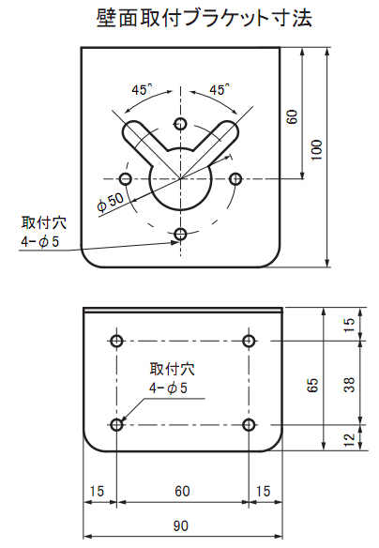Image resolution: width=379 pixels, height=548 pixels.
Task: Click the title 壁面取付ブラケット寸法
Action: (204, 18)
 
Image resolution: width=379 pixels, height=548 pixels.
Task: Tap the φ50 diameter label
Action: (111, 203)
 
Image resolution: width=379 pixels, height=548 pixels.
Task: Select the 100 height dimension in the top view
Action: (316, 150)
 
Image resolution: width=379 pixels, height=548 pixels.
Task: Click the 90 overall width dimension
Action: (181, 525)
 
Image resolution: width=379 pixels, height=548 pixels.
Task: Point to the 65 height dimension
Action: (312, 385)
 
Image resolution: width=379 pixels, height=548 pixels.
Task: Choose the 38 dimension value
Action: (349, 384)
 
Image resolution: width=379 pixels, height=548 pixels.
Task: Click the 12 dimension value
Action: (349, 440)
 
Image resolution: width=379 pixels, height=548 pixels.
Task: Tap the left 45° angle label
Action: (142, 90)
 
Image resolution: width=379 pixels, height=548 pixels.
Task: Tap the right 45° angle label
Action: (220, 90)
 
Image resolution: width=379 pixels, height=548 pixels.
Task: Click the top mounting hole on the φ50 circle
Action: (180, 123)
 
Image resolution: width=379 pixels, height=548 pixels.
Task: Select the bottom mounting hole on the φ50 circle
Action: (180, 234)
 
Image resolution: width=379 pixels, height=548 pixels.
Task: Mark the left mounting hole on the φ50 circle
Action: (126, 179)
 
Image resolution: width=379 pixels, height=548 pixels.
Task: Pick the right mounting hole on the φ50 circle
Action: (235, 179)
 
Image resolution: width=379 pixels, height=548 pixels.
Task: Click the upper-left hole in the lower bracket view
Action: (116, 341)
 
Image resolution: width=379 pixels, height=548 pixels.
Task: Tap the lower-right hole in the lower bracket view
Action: (249, 425)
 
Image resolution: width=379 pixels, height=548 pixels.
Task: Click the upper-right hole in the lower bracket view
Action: (249, 341)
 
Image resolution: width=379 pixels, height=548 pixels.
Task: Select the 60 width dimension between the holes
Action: (182, 491)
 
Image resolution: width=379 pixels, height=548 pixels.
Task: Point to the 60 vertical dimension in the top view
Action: (292, 116)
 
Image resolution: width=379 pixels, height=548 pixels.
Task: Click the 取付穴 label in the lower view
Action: (173, 369)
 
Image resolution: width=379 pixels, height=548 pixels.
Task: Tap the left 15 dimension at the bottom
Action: (97, 491)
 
